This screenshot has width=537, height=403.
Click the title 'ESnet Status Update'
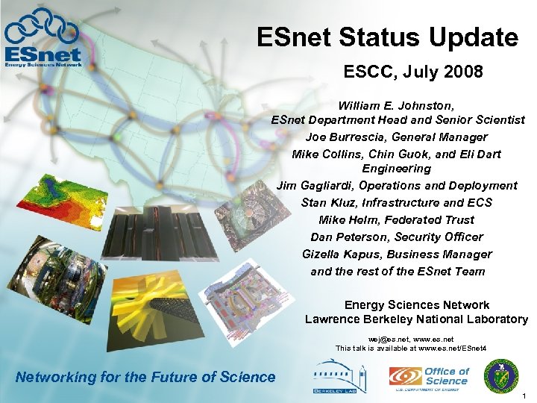pyautogui.click(x=387, y=37)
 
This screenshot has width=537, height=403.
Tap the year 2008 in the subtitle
pyautogui.click(x=463, y=72)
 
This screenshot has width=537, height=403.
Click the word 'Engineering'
pyautogui.click(x=397, y=169)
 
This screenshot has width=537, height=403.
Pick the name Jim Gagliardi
pyautogui.click(x=316, y=186)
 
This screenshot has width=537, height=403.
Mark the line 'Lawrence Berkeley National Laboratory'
pyautogui.click(x=416, y=319)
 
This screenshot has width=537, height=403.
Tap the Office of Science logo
pyautogui.click(x=429, y=378)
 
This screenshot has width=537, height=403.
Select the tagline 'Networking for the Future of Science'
pyautogui.click(x=145, y=378)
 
